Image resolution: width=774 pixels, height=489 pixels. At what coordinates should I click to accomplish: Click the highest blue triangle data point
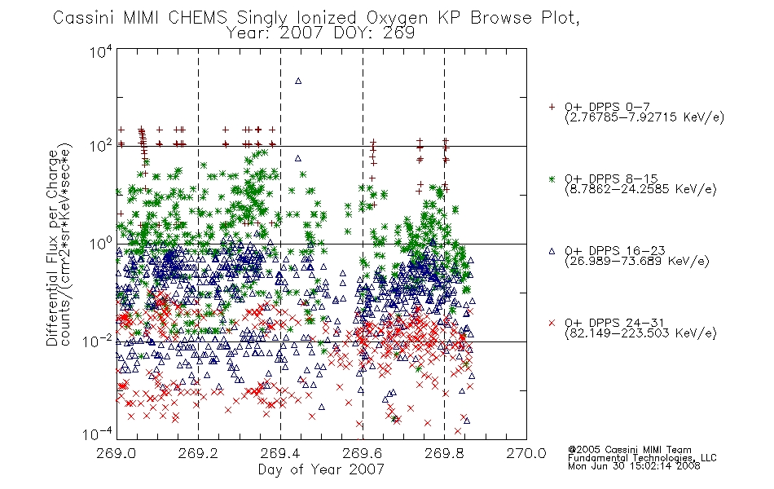click(x=298, y=81)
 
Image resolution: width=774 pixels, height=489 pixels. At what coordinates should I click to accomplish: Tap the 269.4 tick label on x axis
click(x=280, y=453)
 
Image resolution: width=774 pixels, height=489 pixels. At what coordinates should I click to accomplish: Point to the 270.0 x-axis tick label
click(x=526, y=453)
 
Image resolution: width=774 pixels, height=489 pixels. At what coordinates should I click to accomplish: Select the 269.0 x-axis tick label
click(x=117, y=453)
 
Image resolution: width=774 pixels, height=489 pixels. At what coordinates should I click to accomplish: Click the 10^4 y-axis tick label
click(x=101, y=52)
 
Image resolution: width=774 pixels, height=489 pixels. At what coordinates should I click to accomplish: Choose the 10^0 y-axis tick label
click(x=101, y=244)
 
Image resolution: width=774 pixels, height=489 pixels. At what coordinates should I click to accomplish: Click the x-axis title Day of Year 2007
click(x=321, y=469)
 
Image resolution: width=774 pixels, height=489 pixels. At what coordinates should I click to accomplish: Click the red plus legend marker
click(x=552, y=107)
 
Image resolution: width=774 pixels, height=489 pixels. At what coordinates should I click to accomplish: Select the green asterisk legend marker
click(x=552, y=178)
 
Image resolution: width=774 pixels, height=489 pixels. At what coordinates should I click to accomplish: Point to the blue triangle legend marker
click(x=552, y=251)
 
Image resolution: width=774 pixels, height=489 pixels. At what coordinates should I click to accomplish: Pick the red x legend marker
click(x=552, y=323)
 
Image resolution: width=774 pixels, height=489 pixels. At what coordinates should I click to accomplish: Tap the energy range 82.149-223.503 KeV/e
click(x=640, y=333)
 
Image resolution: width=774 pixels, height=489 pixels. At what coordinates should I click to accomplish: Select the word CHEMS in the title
click(x=197, y=18)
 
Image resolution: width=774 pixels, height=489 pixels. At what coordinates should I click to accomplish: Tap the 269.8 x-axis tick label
click(x=444, y=453)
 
